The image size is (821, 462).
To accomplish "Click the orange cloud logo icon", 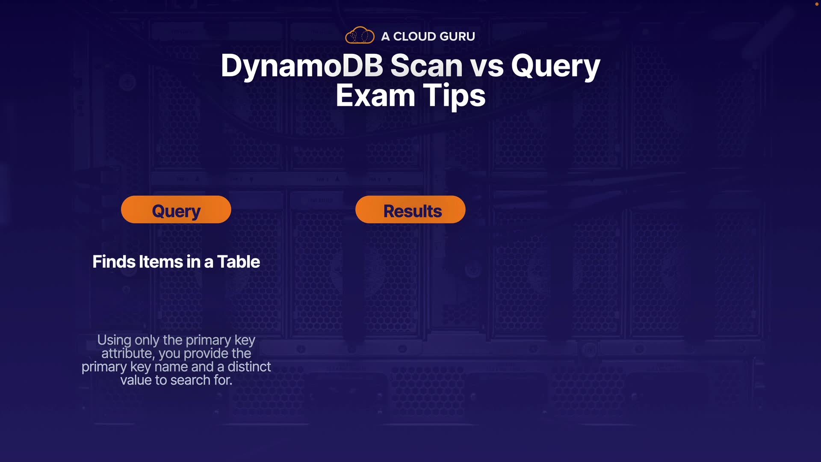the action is [x=360, y=35].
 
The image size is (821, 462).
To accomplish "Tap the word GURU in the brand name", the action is [x=457, y=36].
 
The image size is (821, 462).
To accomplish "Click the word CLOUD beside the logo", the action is [x=413, y=36].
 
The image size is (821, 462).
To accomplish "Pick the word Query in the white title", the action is [x=556, y=68].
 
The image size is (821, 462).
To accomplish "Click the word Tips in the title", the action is [x=454, y=97].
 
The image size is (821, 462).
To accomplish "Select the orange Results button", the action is [x=410, y=210].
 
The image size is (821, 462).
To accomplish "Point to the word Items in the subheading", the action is [x=161, y=262].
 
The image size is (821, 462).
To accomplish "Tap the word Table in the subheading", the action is [x=239, y=262].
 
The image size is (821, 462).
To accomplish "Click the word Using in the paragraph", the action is [x=114, y=341].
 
